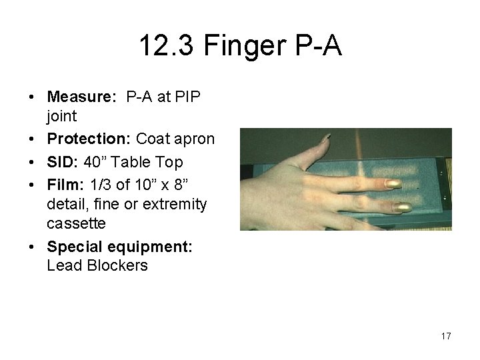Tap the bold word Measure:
(79, 97)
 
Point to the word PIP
(189, 97)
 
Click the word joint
(61, 116)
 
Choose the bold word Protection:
(89, 139)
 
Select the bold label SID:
(60, 162)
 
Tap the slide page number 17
(446, 336)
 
